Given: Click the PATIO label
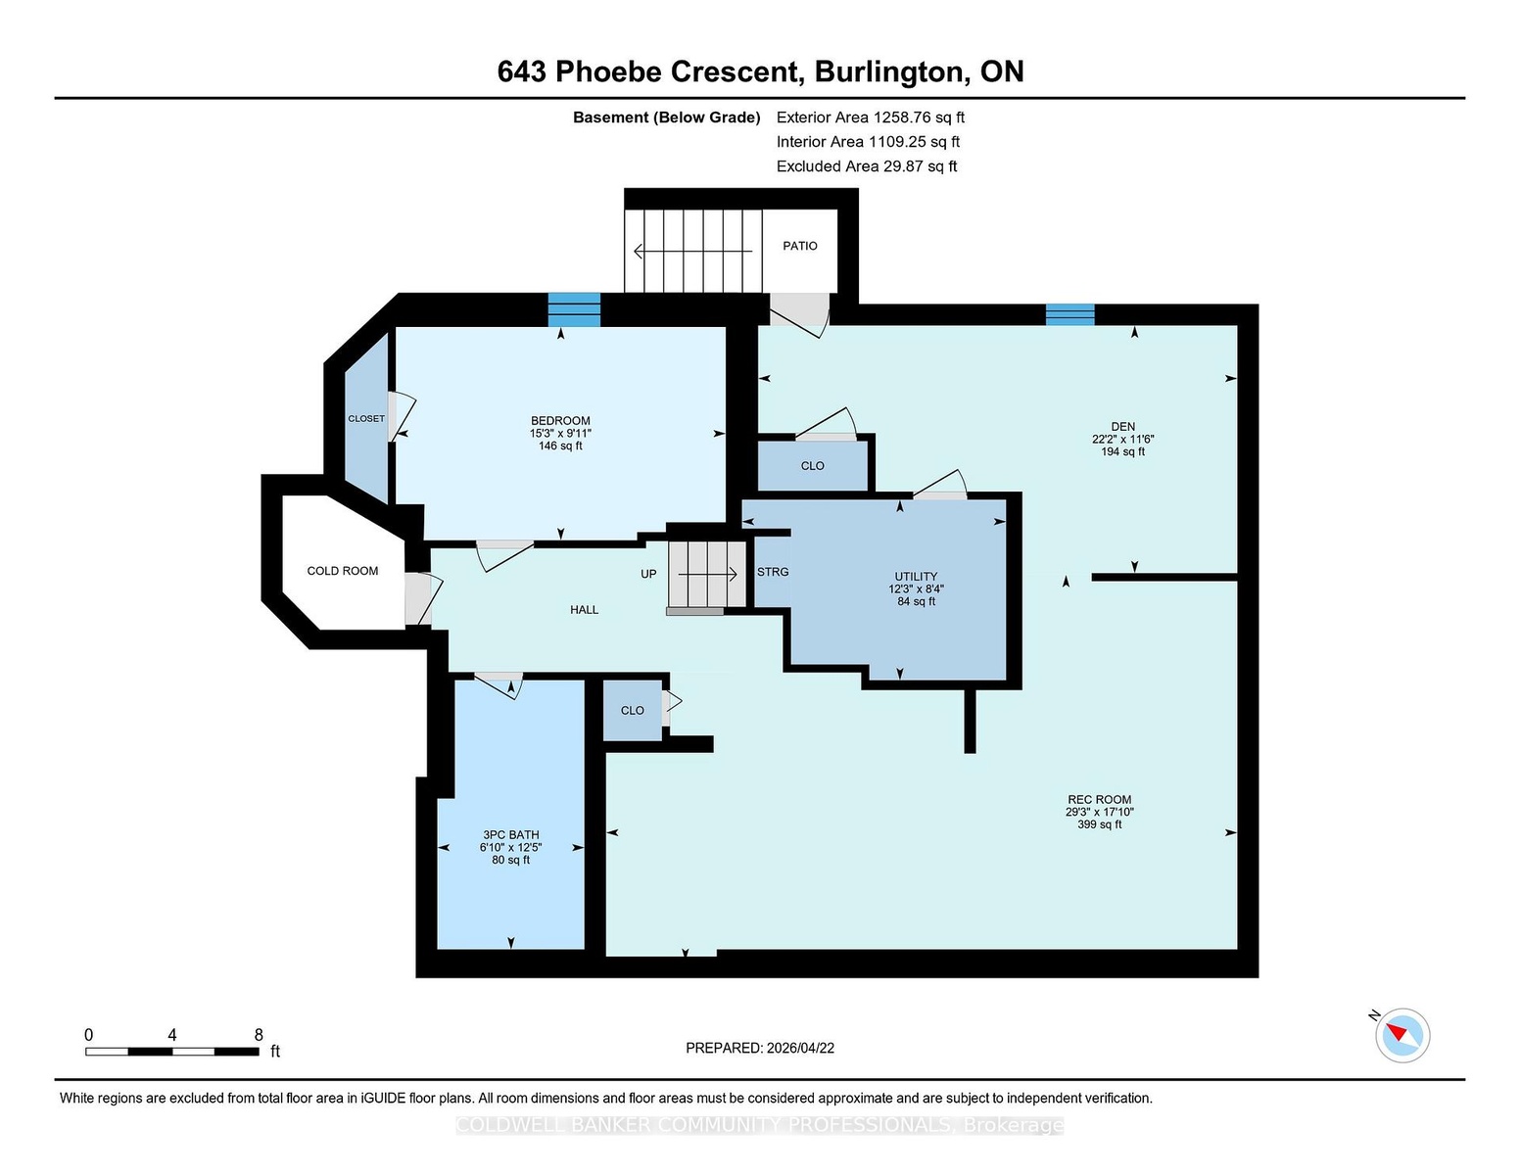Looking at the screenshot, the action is [x=799, y=246].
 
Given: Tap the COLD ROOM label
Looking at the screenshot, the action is [x=342, y=571].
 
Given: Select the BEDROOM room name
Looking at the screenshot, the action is [x=560, y=421].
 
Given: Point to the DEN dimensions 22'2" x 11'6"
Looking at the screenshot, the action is [x=1122, y=439].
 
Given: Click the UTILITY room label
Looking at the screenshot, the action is [x=916, y=577].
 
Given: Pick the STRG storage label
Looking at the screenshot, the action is [x=772, y=572].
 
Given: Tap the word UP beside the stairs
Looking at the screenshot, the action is [x=648, y=574].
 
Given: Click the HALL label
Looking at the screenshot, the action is [x=584, y=609].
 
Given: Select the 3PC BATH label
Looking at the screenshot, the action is [x=510, y=834].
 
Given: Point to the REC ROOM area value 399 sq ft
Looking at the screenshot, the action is [x=1100, y=824].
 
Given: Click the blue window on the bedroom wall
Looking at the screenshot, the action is [x=574, y=309].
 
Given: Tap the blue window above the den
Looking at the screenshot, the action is [x=1069, y=314].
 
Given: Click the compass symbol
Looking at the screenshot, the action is [x=1401, y=1035].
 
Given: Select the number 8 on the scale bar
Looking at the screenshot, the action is [x=259, y=1035].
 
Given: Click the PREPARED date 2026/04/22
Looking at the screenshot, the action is [x=800, y=1048].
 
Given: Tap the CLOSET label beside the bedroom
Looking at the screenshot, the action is [x=366, y=419].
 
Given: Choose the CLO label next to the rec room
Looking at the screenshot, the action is [x=632, y=710].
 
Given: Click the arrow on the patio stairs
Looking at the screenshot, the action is [x=692, y=251].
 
